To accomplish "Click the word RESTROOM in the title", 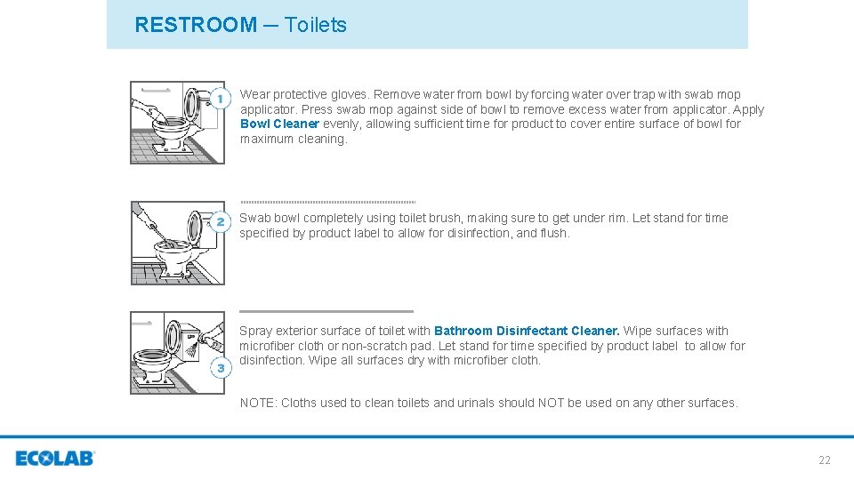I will (196, 25).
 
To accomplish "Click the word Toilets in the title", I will (316, 25).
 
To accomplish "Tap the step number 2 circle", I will (220, 220).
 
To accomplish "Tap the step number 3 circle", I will (220, 367).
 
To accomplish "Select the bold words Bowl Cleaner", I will (279, 124).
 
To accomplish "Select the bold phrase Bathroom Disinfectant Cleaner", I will (527, 332).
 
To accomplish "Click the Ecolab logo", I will (55, 459).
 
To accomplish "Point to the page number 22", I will (825, 460).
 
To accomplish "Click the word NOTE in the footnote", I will (258, 404).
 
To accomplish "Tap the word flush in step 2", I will (554, 234).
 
